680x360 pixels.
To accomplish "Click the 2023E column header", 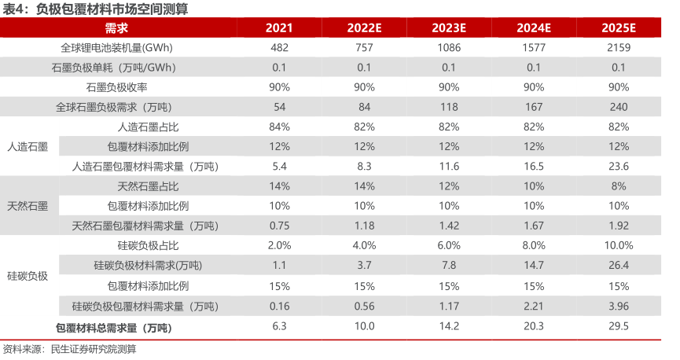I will tap(449, 28).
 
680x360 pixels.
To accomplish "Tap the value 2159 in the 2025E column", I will tap(619, 48).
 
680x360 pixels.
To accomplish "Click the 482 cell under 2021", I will tap(279, 48).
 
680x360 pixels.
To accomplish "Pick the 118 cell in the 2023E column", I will tap(449, 106).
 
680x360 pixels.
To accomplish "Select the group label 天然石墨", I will tap(28, 206).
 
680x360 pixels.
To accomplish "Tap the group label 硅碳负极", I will tap(28, 276).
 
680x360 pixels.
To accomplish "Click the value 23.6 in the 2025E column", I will tap(619, 166).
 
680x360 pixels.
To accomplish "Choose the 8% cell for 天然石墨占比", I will tap(619, 186).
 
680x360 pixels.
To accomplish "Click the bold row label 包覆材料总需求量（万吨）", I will tap(114, 326).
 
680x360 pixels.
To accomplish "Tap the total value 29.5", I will tap(619, 326).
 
